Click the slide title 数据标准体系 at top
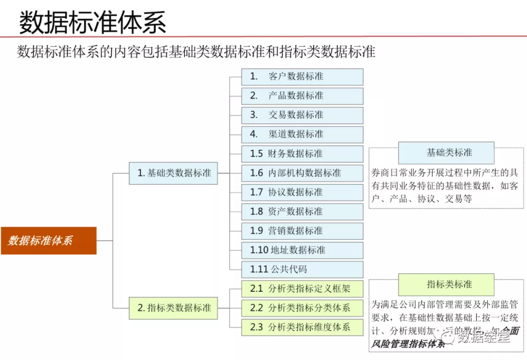(93, 21)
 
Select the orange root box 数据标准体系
(48, 240)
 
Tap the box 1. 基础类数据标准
(173, 173)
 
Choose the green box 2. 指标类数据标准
(173, 308)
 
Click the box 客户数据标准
(302, 77)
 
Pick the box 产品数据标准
(302, 96)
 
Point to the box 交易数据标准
(302, 115)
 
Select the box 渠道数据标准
(302, 134)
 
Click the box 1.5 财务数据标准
(302, 154)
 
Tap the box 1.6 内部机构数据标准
(302, 173)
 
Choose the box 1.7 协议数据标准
(302, 192)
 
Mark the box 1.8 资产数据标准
(302, 211)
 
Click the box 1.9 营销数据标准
(302, 231)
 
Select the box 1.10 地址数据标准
(302, 250)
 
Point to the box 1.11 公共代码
(302, 269)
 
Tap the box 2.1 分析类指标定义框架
(302, 288)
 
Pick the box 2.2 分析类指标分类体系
(302, 308)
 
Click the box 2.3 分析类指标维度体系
(302, 327)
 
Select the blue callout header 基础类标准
(446, 153)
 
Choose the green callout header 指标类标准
(446, 284)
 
